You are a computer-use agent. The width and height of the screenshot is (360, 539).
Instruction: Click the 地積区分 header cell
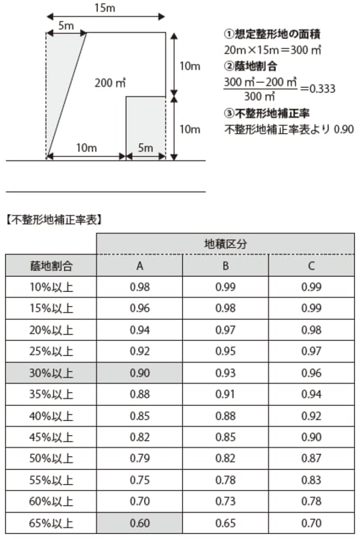(x=225, y=244)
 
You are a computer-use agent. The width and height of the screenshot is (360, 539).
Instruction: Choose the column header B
(x=225, y=266)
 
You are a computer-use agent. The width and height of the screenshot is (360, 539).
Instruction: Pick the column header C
(x=311, y=266)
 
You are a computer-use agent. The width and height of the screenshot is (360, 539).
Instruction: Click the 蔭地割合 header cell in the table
(x=51, y=266)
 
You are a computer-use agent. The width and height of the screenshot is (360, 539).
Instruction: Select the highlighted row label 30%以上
(x=51, y=373)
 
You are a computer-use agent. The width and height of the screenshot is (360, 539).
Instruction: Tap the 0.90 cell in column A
(x=140, y=373)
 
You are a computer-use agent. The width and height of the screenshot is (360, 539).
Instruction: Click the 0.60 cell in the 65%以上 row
(x=140, y=524)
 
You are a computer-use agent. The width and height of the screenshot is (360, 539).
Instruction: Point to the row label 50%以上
(x=51, y=459)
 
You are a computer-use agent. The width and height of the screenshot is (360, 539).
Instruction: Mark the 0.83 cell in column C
(x=311, y=481)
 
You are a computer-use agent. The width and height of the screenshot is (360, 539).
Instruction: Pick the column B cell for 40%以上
(x=225, y=416)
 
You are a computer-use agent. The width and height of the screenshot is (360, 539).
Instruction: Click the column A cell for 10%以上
(x=140, y=288)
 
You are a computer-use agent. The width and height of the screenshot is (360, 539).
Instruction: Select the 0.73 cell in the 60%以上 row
(x=225, y=502)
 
